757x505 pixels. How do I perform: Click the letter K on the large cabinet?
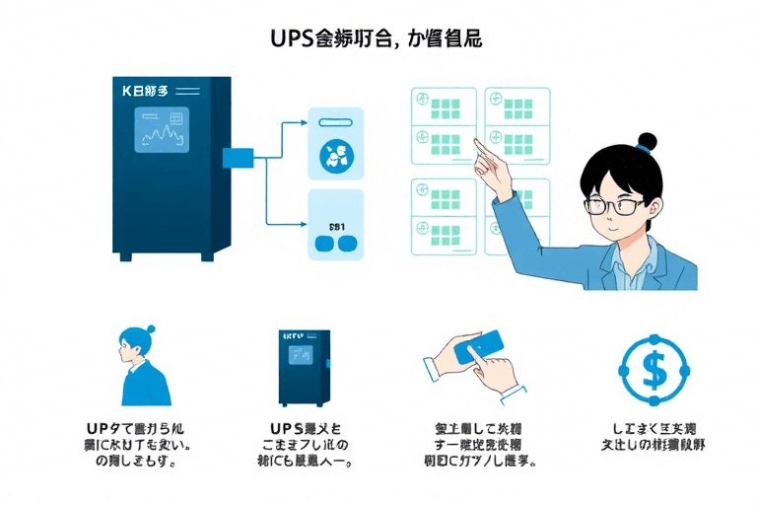(127, 91)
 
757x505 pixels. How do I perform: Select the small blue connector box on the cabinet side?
(239, 157)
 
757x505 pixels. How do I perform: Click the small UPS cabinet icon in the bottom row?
(305, 366)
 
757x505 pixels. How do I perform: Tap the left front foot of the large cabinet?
(123, 256)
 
